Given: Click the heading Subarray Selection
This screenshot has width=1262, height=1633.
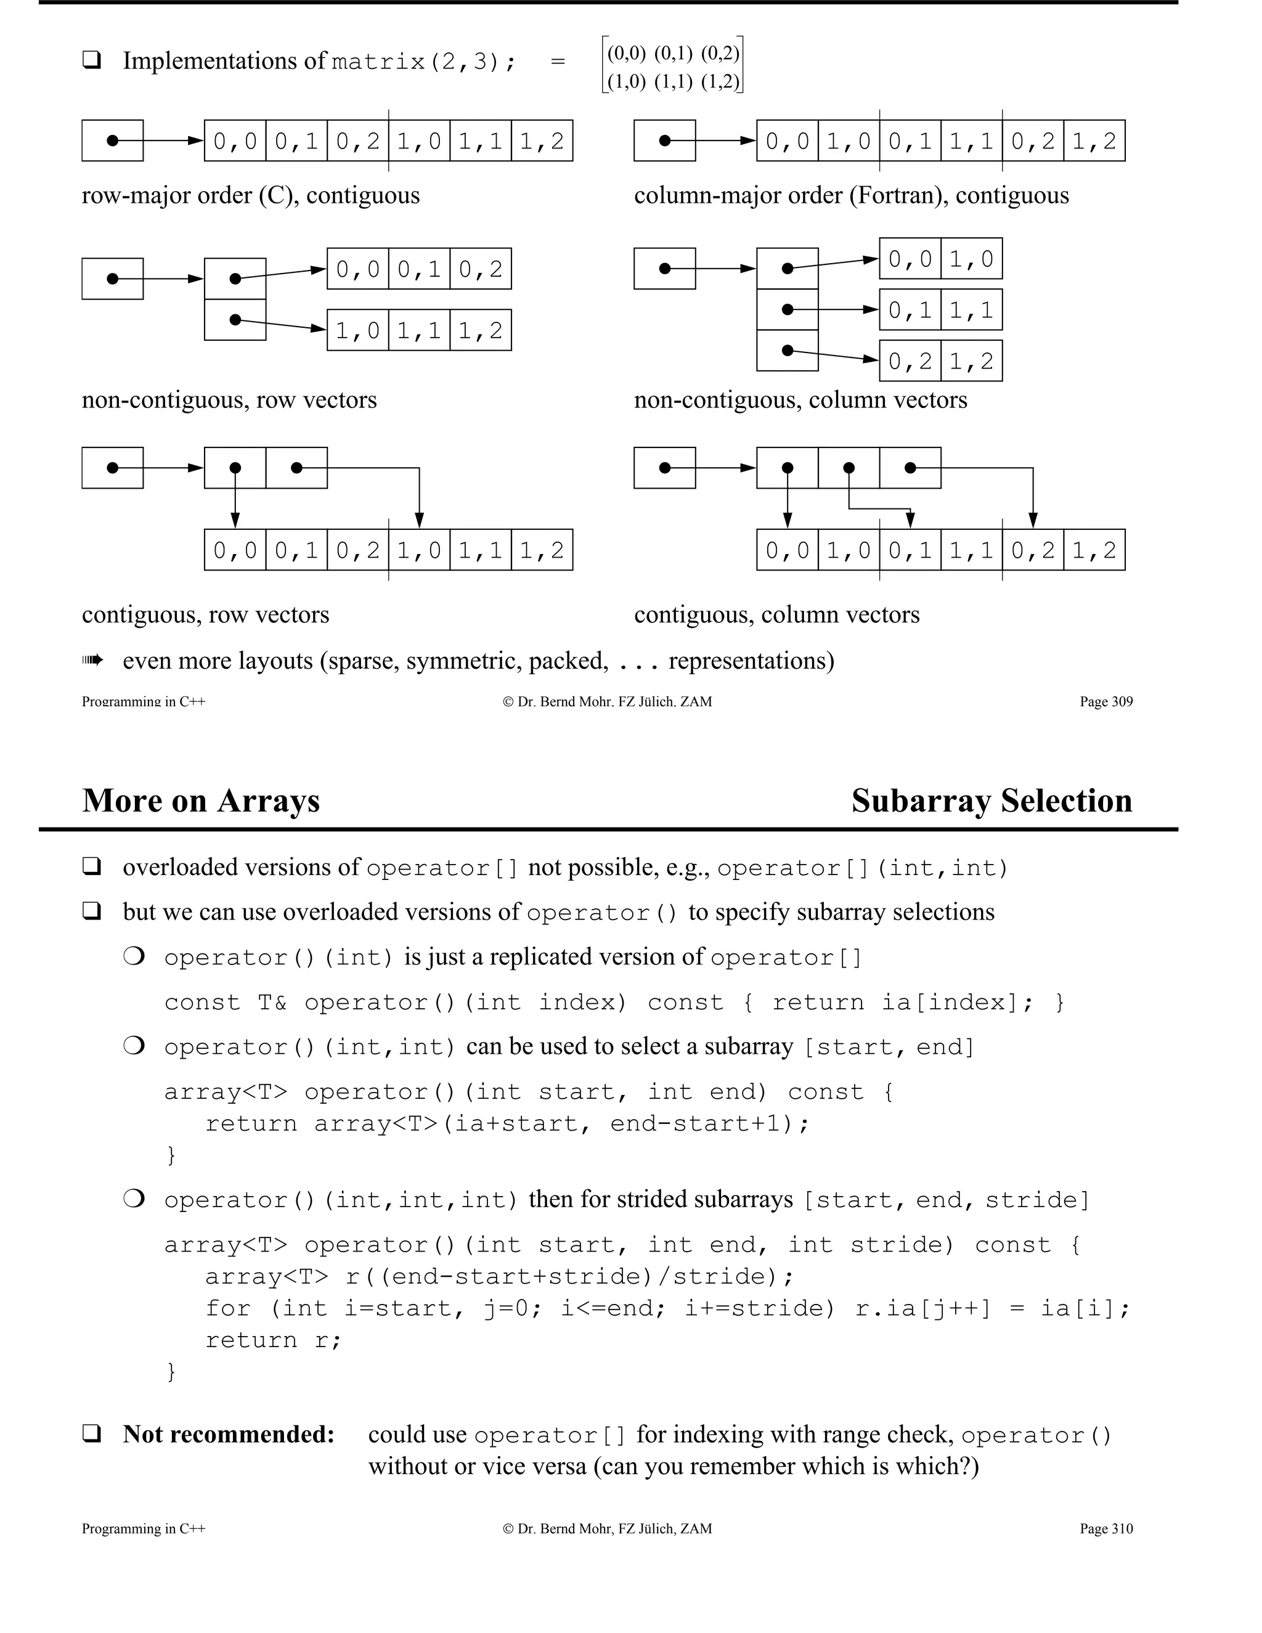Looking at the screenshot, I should point(991,801).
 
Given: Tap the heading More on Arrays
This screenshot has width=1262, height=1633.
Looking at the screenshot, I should point(201,801).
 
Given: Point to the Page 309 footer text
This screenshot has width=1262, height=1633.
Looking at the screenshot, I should point(1105,701).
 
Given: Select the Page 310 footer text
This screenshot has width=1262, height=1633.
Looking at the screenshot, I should point(1105,1528).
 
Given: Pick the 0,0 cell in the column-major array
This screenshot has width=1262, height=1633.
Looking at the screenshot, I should point(788,140).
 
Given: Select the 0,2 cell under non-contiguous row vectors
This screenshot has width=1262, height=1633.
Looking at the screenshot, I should point(481,269).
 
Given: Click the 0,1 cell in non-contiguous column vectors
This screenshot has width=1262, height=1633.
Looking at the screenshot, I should point(910,309).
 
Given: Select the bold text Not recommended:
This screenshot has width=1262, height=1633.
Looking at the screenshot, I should point(229,1434).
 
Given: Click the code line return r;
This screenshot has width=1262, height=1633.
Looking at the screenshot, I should point(274,1340).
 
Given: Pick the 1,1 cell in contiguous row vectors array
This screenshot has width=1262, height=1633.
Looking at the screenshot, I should point(481,550).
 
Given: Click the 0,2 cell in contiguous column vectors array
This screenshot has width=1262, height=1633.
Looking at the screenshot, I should point(1033,550).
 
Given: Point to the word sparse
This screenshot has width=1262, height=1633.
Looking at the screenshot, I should point(360,661).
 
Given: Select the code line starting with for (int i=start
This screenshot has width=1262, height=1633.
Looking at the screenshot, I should point(667,1308).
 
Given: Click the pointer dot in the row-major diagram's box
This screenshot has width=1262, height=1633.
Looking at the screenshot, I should point(113,140).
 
